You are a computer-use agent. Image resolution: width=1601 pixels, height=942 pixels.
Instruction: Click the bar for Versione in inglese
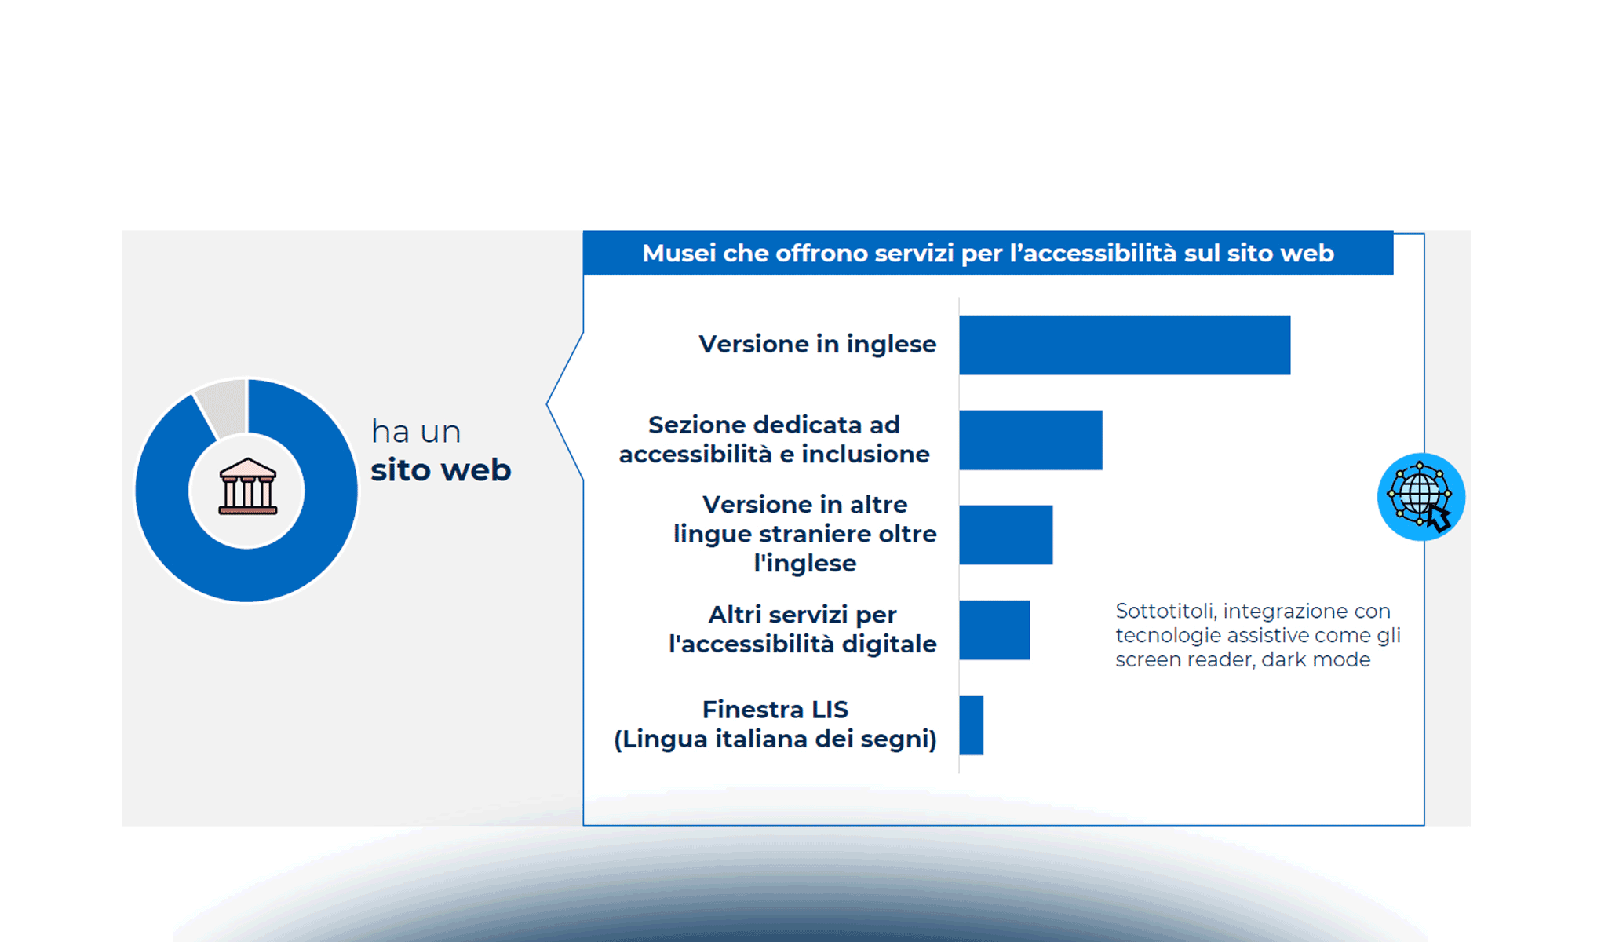pos(1124,345)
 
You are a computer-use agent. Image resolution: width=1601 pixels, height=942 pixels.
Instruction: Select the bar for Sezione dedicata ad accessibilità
pos(1030,440)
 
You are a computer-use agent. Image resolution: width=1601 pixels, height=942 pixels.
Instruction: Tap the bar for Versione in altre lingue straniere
pos(1005,535)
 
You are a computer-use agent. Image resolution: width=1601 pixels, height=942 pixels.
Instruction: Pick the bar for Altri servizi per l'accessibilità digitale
pos(994,630)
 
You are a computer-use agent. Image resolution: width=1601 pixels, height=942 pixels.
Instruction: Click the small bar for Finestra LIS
pos(971,725)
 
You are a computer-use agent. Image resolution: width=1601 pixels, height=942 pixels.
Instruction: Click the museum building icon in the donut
pos(247,487)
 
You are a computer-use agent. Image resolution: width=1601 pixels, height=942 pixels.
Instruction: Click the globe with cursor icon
pos(1420,497)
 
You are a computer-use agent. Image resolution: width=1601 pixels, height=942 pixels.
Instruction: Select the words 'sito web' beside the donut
pos(440,470)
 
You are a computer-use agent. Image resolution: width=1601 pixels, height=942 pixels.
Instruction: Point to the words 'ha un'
pos(415,432)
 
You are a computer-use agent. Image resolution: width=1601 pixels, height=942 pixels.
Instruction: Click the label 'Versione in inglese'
pos(817,344)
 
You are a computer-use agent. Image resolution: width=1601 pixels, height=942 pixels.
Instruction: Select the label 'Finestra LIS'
pos(775,710)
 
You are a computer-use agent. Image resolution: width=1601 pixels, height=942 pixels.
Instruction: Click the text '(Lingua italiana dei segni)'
pos(775,739)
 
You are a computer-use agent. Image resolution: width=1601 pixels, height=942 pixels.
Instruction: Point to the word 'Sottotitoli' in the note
pos(1165,611)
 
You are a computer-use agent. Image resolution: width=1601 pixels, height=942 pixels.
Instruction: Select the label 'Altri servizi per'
pos(801,615)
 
